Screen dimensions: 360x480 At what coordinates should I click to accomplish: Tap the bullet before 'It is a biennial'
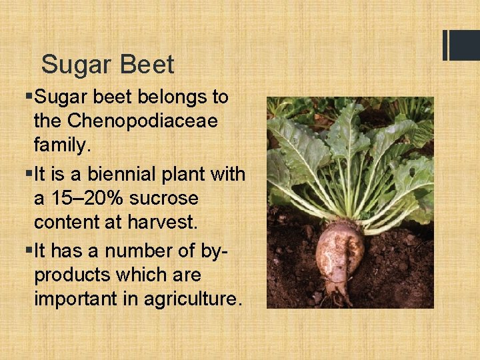click(28, 175)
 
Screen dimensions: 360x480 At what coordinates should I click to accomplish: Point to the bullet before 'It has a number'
click(28, 251)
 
